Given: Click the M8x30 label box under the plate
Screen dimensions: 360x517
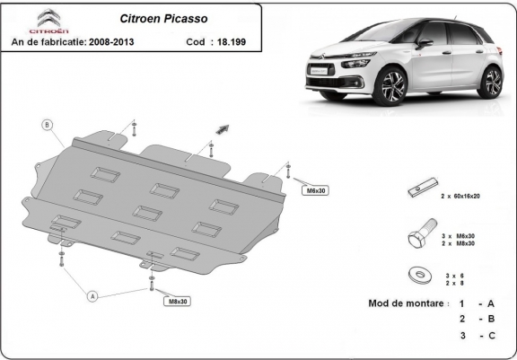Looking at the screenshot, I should click(x=177, y=301).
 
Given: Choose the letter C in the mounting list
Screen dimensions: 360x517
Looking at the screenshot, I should click(x=491, y=335).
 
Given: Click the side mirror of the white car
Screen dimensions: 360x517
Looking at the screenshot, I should click(x=423, y=43).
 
